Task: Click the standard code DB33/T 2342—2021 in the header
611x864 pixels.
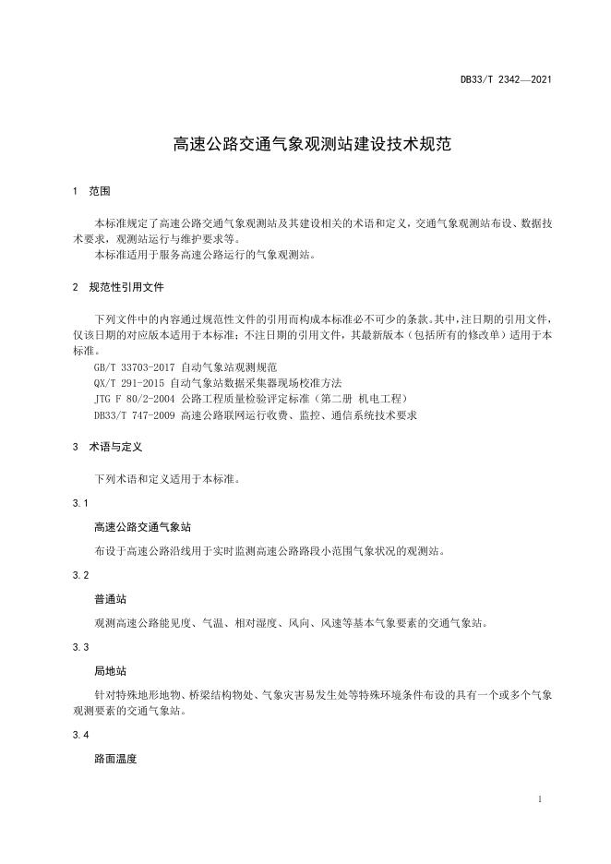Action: point(507,80)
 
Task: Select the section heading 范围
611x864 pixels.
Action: point(100,191)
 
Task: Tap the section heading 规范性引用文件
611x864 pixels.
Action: point(126,287)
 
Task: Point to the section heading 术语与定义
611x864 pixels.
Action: point(115,447)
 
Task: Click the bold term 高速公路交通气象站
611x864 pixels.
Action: point(142,527)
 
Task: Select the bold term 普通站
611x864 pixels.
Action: point(110,598)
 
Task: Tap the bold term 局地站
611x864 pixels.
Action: point(110,670)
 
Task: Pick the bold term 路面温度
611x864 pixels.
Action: point(115,759)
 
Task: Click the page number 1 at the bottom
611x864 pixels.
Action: point(538,798)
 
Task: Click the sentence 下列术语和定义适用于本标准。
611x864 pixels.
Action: point(166,479)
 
